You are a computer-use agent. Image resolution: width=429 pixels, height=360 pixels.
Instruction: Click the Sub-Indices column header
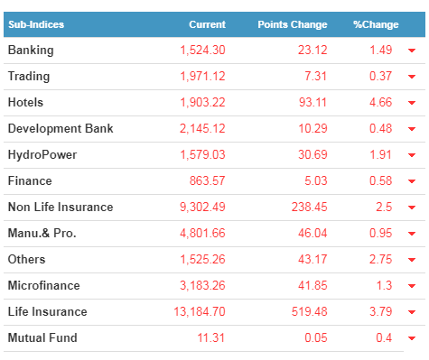[36, 24]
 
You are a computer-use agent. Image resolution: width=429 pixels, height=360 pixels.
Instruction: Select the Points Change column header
[293, 24]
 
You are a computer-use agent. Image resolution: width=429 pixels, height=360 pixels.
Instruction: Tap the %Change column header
[376, 24]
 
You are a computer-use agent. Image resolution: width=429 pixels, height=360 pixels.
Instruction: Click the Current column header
[207, 24]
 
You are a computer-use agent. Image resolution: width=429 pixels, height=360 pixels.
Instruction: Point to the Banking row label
[31, 51]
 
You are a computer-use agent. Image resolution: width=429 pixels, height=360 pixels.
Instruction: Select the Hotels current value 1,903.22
[202, 103]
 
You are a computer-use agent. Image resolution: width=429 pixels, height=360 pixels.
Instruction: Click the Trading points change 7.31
[315, 76]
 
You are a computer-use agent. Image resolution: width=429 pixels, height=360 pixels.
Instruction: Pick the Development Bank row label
[61, 128]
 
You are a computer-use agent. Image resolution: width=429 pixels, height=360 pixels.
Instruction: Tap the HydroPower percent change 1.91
[380, 154]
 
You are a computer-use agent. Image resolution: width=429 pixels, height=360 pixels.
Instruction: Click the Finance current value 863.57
[207, 180]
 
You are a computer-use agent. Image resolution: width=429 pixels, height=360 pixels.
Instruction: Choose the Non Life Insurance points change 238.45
[309, 207]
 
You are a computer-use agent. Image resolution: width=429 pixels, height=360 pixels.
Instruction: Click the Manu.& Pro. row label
[42, 233]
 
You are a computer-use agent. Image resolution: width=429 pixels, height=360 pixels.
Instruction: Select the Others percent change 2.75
[380, 259]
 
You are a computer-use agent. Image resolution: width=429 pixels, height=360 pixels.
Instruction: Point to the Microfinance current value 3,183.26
[202, 285]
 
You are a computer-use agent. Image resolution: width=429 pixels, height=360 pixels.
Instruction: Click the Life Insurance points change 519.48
[309, 311]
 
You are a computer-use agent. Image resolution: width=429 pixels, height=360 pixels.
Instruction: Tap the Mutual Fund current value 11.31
[211, 337]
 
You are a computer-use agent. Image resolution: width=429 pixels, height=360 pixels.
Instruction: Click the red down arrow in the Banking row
[412, 51]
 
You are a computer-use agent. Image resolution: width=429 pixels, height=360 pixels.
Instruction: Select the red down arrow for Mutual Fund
[412, 338]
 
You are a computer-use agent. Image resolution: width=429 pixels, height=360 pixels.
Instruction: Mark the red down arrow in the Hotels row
[412, 103]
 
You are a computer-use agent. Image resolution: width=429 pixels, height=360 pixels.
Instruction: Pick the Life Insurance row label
[48, 311]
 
